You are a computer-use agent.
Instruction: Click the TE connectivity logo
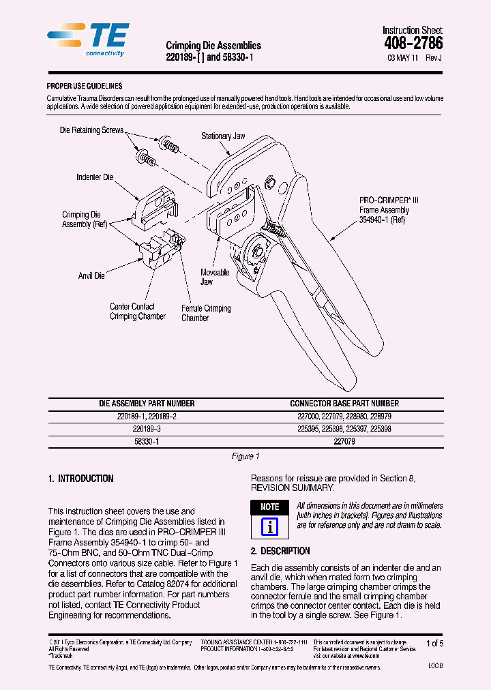click(89, 40)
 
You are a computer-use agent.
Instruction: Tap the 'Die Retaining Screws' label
click(92, 130)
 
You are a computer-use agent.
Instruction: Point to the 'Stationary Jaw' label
click(223, 136)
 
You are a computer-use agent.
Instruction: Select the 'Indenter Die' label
click(95, 177)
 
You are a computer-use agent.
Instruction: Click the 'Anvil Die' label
click(91, 276)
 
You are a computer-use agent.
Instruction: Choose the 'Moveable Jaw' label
click(214, 277)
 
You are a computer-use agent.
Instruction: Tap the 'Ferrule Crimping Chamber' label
click(206, 313)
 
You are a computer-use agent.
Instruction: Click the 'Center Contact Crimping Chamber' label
click(138, 312)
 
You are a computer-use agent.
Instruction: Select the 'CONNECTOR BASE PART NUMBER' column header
click(344, 404)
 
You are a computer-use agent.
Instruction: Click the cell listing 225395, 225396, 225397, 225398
click(344, 429)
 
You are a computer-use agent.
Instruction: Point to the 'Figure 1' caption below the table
click(245, 456)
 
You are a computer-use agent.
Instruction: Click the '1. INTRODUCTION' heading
click(81, 479)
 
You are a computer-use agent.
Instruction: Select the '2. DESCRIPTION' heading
click(280, 551)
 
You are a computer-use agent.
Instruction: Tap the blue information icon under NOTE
click(270, 527)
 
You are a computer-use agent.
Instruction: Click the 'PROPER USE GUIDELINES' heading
click(84, 86)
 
